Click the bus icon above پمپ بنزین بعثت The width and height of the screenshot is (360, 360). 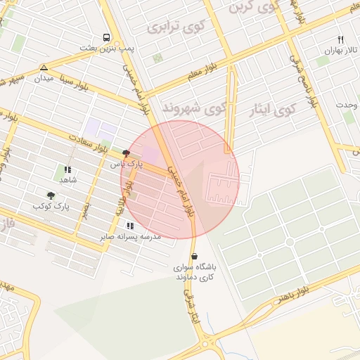(x=106, y=37)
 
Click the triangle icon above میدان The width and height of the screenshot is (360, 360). (x=44, y=67)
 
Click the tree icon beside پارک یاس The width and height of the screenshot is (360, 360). (x=126, y=153)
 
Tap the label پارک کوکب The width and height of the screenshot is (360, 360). (x=52, y=206)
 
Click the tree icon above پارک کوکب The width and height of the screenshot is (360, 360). (x=51, y=195)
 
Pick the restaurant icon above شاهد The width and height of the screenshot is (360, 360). (x=67, y=169)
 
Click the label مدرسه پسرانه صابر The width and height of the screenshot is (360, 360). (x=131, y=236)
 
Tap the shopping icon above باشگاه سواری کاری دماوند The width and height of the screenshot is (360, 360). (x=195, y=257)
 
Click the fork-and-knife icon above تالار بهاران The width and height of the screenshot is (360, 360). (x=341, y=40)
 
